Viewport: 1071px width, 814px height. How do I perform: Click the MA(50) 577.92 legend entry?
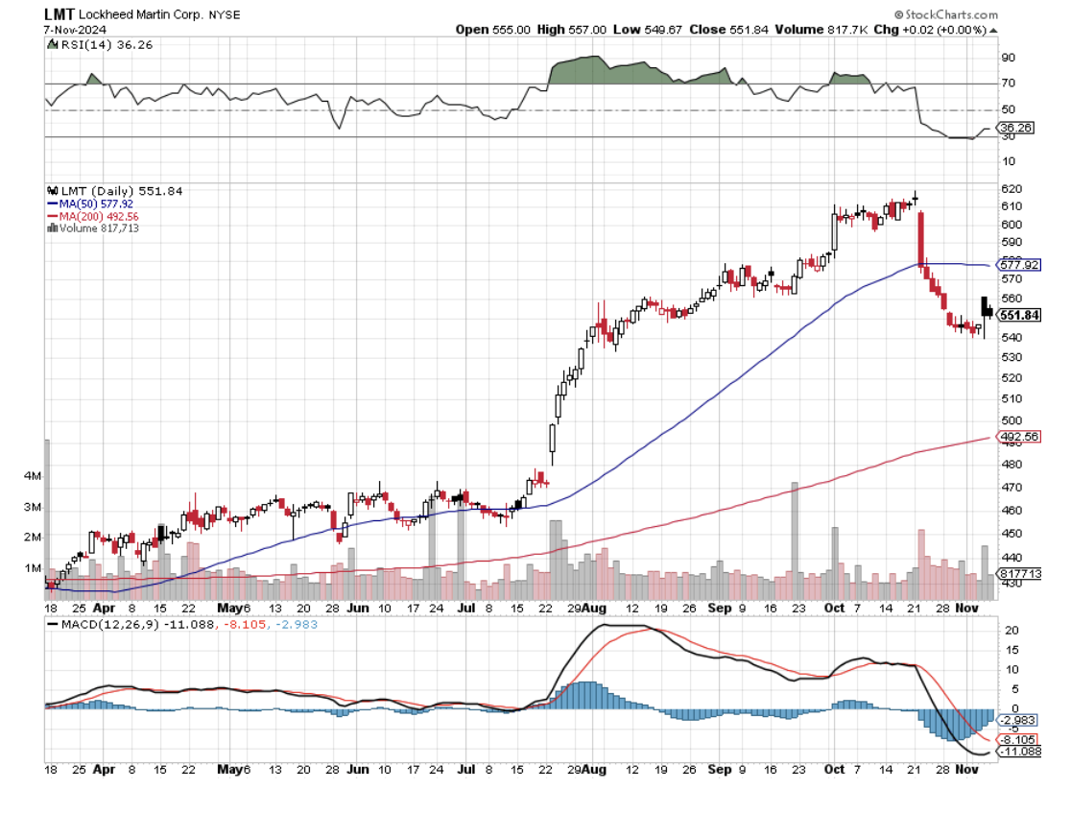tap(90, 203)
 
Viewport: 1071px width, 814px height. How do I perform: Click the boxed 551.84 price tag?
tap(1019, 315)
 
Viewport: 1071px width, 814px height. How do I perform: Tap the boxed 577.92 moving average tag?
tap(1019, 265)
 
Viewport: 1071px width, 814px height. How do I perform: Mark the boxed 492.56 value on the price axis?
tap(1019, 437)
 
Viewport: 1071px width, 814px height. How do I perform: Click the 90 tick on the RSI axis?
tap(1008, 58)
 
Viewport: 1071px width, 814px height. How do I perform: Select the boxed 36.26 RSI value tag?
tap(1014, 127)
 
